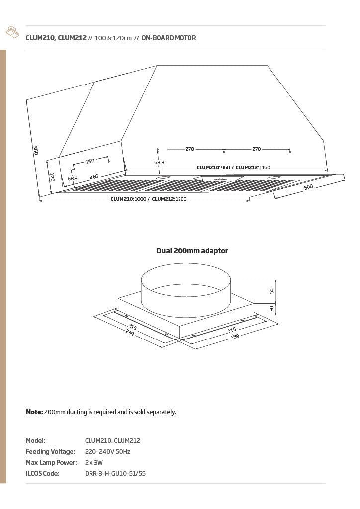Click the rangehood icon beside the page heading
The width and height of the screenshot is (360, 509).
[x=12, y=32]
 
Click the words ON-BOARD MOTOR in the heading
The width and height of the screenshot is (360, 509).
[x=169, y=38]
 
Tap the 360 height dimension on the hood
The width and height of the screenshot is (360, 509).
[x=36, y=150]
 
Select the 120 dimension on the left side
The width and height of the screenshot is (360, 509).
[x=52, y=177]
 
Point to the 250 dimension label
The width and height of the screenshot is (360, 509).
[x=90, y=161]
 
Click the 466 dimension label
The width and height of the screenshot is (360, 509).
[x=94, y=177]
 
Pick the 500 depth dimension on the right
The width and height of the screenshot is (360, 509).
[x=308, y=187]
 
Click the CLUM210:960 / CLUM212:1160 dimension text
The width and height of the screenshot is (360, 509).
[x=233, y=167]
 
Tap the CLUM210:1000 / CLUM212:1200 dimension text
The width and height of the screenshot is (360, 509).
[x=149, y=199]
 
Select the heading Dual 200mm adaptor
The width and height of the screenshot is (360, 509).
[x=192, y=251]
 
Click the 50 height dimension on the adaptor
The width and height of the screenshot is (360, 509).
[x=271, y=291]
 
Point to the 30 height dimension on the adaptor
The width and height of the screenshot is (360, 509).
[x=271, y=308]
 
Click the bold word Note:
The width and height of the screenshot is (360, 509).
[x=34, y=412]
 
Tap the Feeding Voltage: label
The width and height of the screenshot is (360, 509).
[x=50, y=451]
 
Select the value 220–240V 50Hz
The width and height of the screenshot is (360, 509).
[x=107, y=451]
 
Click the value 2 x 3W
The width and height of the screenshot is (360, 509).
[x=94, y=463]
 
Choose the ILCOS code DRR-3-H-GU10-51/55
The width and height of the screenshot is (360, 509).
[x=115, y=474]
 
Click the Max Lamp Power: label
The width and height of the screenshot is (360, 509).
[x=51, y=463]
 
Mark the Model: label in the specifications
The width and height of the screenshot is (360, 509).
[x=36, y=440]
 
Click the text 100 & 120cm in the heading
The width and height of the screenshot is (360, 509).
[x=113, y=38]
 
